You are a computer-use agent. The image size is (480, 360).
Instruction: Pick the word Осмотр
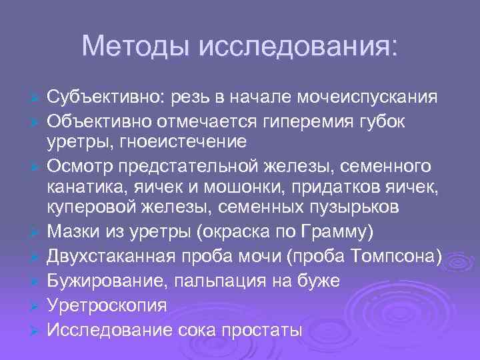click(x=79, y=165)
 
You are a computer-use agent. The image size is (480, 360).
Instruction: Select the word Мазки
click(x=74, y=233)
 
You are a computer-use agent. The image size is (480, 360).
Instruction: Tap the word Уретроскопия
click(x=107, y=306)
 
